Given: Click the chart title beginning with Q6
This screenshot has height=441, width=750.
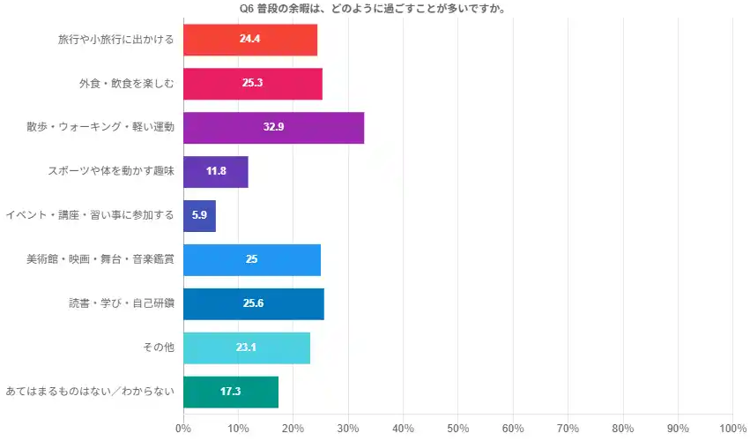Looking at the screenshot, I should click(x=378, y=9).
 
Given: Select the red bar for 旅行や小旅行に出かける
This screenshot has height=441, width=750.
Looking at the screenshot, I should click(x=250, y=40).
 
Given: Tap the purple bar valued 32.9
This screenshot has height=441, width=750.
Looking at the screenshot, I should click(x=273, y=127).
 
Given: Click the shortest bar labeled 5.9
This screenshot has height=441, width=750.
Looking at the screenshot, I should click(x=199, y=215).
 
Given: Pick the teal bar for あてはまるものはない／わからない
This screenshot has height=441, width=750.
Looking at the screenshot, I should click(x=231, y=391).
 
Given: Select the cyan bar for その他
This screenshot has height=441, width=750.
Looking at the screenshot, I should click(x=247, y=348).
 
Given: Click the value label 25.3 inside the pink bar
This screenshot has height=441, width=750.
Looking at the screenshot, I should click(x=252, y=84).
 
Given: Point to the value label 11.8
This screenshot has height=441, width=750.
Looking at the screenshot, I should click(x=216, y=171).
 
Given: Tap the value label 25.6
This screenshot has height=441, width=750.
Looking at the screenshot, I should click(x=253, y=303).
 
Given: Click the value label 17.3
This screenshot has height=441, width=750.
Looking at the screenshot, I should click(x=231, y=391).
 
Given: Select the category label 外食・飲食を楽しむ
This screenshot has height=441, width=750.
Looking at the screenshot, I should click(x=126, y=84).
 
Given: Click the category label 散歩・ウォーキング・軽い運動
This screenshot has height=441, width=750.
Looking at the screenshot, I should click(x=100, y=127).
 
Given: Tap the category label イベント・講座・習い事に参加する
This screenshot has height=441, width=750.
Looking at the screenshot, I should click(x=90, y=215).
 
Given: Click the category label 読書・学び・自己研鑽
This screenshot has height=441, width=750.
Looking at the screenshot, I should click(x=122, y=303).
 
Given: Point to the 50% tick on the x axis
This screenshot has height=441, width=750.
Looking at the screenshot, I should click(x=458, y=429).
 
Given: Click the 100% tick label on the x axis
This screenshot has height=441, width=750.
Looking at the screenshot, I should click(x=732, y=429).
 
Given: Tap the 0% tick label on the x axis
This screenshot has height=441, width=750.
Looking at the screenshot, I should click(x=183, y=429).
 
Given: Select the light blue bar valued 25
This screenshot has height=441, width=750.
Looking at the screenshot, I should click(x=252, y=259).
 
